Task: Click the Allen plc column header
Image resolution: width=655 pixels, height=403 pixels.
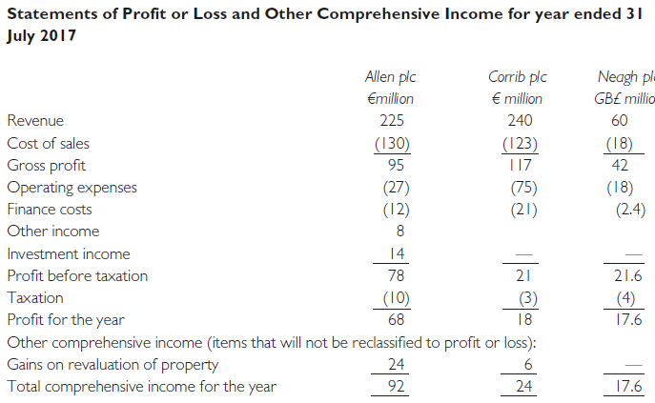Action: pos(391,76)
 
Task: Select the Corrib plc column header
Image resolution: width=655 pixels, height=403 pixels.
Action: pos(518,76)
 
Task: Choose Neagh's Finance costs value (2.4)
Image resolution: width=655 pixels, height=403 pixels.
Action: pos(626,209)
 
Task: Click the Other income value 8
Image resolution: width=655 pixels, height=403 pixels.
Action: pos(399,231)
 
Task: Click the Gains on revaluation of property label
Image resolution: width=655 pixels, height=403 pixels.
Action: pos(113,364)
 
